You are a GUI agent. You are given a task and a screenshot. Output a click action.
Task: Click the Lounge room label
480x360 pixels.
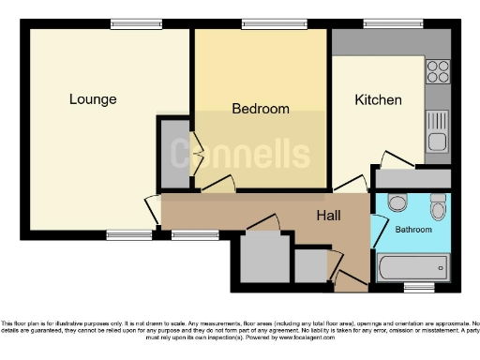coord(93,98)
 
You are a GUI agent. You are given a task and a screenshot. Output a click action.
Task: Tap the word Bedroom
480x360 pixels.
coord(261,109)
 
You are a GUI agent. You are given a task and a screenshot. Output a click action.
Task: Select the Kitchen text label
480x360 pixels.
coord(378,99)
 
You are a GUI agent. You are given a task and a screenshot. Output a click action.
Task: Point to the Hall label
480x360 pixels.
coord(327,216)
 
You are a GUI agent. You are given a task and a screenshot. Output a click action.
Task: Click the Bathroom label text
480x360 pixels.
coord(412,229)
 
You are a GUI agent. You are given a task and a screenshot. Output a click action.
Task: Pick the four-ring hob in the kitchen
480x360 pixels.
coord(437,72)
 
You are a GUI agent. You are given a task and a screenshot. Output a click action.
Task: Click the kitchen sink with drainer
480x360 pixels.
coord(437,130)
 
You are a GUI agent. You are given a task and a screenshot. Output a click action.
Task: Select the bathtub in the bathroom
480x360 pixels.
coord(412,268)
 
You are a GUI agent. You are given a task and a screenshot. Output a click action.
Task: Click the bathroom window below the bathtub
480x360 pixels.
coord(418,284)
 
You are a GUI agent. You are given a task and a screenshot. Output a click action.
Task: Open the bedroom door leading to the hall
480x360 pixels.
coord(217,185)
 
